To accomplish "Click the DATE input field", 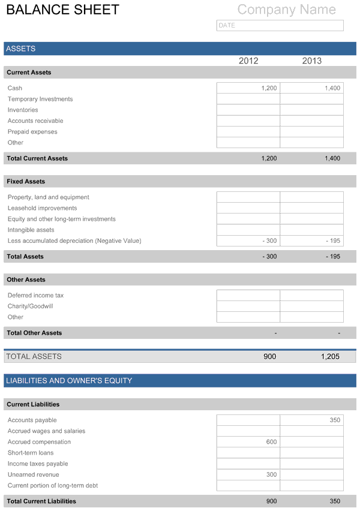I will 280,25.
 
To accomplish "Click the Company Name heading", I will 286,10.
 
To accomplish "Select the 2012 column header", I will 248,61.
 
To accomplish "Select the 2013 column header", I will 312,61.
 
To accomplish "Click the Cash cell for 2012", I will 248,88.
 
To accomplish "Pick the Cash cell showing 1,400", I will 312,88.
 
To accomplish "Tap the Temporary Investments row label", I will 40,99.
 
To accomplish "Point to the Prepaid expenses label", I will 32,132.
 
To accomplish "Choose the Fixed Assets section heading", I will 26,181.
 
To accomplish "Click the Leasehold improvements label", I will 42,208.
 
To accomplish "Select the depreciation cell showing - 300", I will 248,241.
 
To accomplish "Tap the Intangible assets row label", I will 31,230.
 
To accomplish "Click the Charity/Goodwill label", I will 30,306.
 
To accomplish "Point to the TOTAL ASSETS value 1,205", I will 330,357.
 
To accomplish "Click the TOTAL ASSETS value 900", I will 270,357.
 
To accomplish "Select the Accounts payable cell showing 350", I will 312,420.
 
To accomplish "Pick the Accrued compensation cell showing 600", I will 248,442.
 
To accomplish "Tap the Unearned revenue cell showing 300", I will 248,475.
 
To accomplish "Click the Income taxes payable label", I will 38,464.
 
